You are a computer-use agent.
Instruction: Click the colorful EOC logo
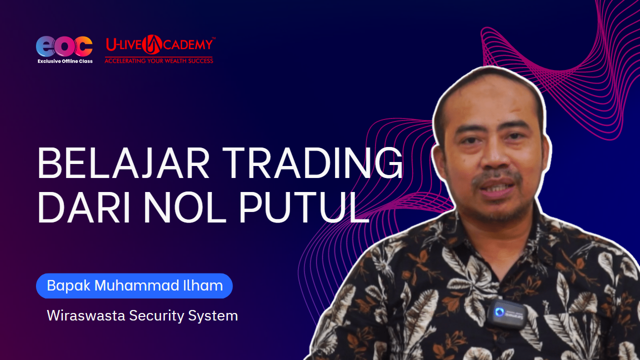pyautogui.click(x=64, y=46)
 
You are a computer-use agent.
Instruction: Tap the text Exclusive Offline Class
pyautogui.click(x=65, y=61)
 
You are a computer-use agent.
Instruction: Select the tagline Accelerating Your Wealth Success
pyautogui.click(x=159, y=60)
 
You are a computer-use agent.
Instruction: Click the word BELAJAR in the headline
pyautogui.click(x=123, y=163)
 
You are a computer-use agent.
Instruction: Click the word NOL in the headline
pyautogui.click(x=185, y=207)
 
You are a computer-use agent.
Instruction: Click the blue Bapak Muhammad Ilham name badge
pyautogui.click(x=134, y=285)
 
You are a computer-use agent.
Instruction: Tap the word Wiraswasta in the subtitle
pyautogui.click(x=86, y=315)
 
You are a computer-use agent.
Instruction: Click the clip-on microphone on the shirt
pyautogui.click(x=507, y=313)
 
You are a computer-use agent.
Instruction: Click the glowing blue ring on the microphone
pyautogui.click(x=499, y=311)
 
